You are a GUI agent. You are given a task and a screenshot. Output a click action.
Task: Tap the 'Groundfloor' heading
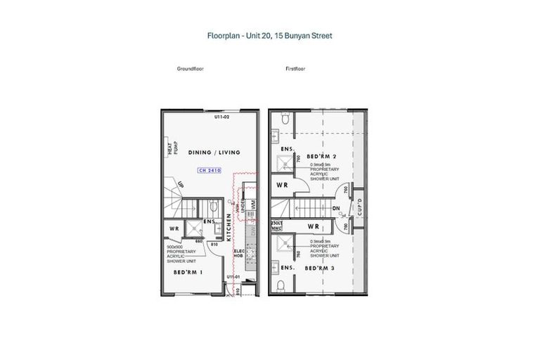191,70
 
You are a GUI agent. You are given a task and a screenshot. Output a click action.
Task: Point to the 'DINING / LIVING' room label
214,152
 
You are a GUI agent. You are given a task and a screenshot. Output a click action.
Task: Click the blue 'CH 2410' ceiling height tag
210,170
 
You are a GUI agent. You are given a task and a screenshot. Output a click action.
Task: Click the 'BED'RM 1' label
190,271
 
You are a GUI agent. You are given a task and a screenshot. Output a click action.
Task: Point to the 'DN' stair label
335,208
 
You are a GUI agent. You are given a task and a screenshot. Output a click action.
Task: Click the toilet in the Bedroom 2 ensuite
282,124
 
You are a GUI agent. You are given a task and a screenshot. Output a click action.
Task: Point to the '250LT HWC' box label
276,225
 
